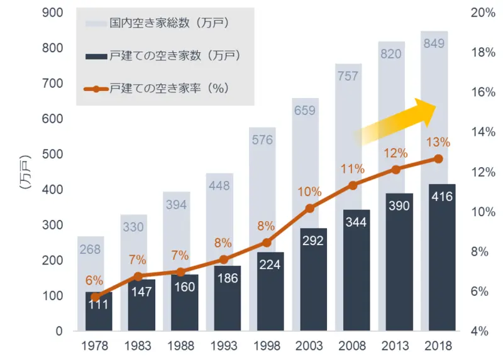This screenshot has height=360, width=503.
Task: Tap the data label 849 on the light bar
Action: click(x=434, y=43)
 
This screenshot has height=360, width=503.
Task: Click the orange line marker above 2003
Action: click(x=310, y=209)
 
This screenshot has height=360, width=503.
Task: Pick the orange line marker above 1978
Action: click(x=96, y=297)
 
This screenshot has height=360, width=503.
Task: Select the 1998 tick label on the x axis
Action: click(x=267, y=346)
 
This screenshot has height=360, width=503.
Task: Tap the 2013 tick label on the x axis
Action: click(x=396, y=346)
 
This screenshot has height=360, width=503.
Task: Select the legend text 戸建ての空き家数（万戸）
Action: click(x=176, y=56)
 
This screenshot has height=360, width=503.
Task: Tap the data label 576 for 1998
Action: click(x=263, y=140)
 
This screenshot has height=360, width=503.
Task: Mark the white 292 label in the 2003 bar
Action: click(x=309, y=240)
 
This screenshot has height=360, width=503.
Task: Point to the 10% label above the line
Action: click(x=309, y=191)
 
